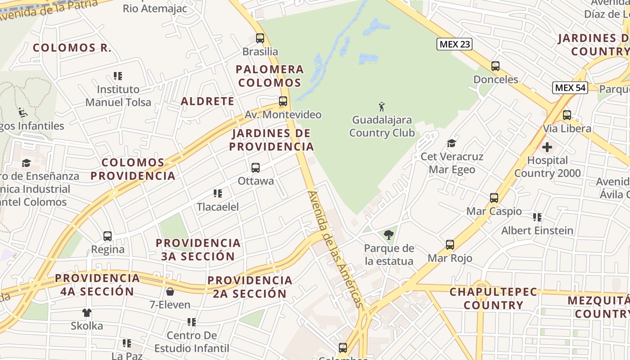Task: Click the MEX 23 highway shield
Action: tap(454, 44)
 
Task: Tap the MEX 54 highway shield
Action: tap(570, 87)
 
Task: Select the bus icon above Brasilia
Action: tap(260, 38)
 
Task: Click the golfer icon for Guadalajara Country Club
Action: tap(382, 107)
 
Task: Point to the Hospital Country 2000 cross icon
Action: tap(547, 147)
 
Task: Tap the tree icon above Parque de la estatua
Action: tap(388, 234)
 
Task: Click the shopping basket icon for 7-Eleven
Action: tap(170, 292)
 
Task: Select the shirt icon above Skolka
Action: tap(87, 312)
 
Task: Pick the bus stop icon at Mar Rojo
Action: tap(450, 245)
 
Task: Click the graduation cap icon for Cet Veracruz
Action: tap(451, 143)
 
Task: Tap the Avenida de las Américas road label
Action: tap(335, 249)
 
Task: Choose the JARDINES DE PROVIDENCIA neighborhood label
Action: tap(271, 140)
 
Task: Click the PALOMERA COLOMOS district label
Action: tap(270, 76)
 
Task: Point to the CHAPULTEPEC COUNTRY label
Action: tap(494, 298)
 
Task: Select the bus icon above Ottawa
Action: tap(256, 168)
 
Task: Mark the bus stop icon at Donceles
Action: tap(495, 66)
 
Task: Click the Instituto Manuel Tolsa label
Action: tap(118, 96)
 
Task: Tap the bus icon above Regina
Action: tap(108, 236)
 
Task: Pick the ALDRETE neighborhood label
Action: tap(207, 101)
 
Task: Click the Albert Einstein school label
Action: tap(537, 231)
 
